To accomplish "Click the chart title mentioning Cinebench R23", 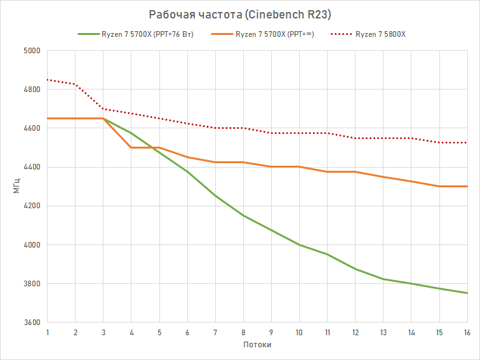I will click(x=239, y=14).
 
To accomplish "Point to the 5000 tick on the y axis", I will click(x=32, y=51).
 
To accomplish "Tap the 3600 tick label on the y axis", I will click(x=32, y=323).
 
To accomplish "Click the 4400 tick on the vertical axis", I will click(x=32, y=167).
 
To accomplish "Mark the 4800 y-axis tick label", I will click(x=32, y=90).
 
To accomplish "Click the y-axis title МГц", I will click(x=17, y=187).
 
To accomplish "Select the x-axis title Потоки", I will click(x=258, y=345).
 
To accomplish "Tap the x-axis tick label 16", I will click(x=467, y=332).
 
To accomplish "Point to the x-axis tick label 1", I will click(x=48, y=332).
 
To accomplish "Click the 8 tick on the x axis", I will click(x=243, y=332).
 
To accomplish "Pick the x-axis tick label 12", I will click(x=356, y=332).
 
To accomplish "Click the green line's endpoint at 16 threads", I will click(x=467, y=293).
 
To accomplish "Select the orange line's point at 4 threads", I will click(x=131, y=147).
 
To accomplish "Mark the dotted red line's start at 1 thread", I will click(x=48, y=80).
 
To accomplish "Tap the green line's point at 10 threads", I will click(x=299, y=244).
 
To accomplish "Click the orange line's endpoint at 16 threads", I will click(x=467, y=186).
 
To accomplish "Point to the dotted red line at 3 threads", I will click(x=103, y=109).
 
